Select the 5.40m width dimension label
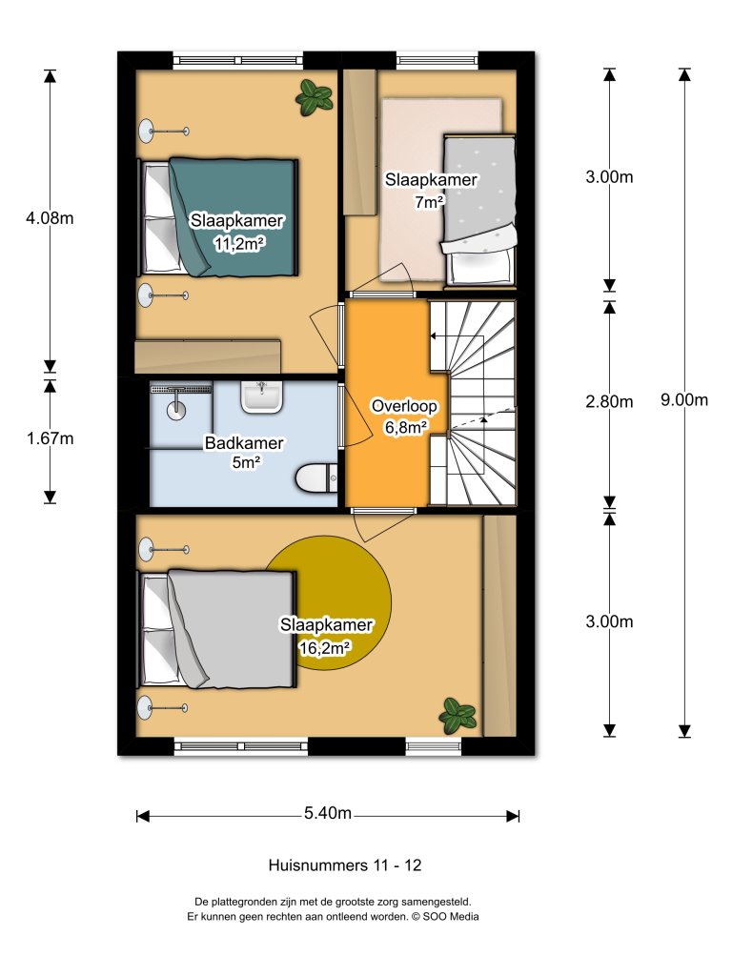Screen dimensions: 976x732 328,814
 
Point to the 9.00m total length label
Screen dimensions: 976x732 684,400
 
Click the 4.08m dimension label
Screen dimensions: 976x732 50,218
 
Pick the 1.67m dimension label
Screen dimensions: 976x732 50,438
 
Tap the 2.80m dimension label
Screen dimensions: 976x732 609,401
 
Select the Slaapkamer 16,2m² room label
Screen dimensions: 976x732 325,636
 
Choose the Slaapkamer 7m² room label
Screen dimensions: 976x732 430,189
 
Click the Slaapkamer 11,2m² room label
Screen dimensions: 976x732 237,232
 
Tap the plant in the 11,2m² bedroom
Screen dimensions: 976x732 312,97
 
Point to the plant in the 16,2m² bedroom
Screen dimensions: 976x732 457,713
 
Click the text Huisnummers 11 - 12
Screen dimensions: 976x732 345,865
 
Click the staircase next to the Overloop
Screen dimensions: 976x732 473,401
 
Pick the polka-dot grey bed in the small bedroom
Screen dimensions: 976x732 481,205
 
